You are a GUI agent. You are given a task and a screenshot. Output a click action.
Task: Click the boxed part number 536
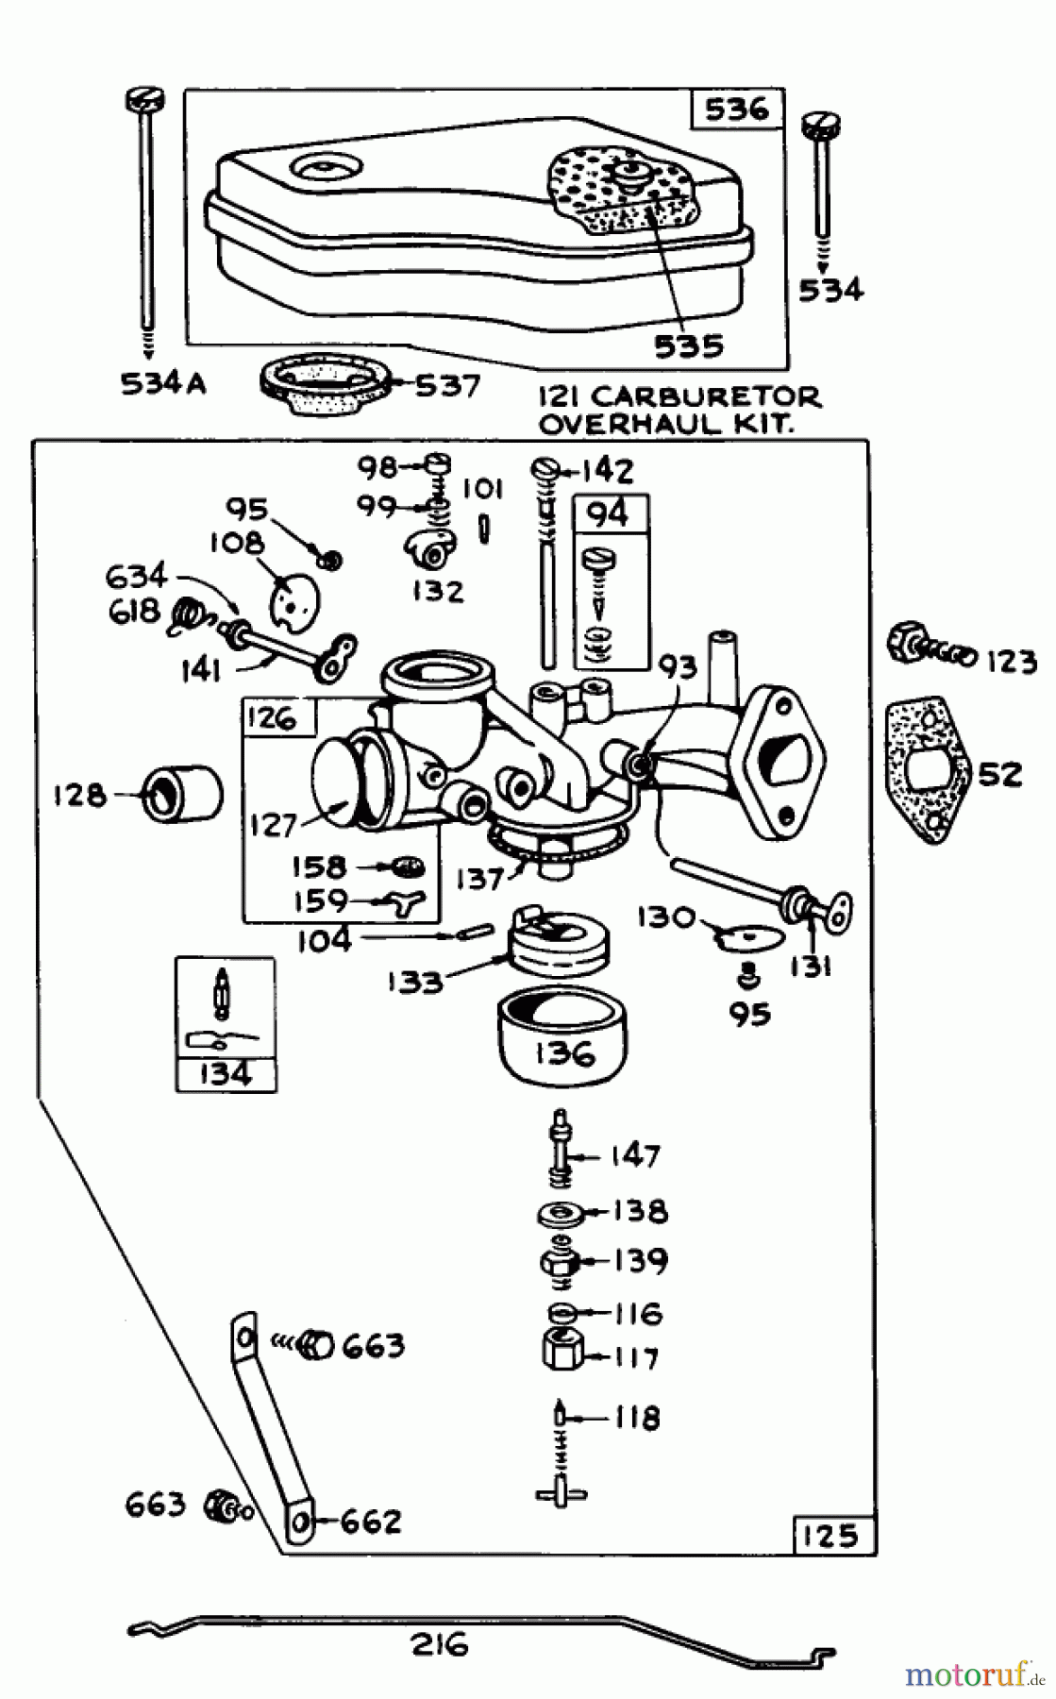click(x=736, y=109)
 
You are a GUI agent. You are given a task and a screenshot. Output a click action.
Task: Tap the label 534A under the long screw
click(x=163, y=384)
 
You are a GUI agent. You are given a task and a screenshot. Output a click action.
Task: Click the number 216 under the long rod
click(x=440, y=1645)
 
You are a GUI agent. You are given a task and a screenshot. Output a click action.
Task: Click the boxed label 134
click(x=226, y=1073)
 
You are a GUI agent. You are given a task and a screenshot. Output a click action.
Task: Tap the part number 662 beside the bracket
click(x=370, y=1522)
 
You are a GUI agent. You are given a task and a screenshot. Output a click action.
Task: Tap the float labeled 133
click(x=557, y=944)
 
